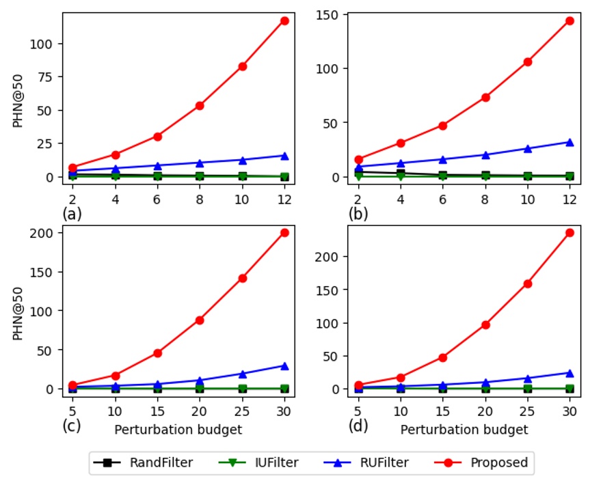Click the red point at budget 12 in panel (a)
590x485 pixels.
coord(284,20)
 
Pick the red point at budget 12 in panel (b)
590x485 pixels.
coord(569,20)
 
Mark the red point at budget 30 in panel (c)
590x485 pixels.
coord(284,232)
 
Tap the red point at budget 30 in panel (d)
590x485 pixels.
coord(569,232)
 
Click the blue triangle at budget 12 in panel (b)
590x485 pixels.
coord(569,142)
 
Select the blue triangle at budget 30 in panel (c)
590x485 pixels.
coord(284,365)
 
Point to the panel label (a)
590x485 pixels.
coord(72,214)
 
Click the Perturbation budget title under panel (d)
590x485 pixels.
coord(464,430)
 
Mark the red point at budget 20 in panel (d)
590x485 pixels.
coord(485,324)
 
